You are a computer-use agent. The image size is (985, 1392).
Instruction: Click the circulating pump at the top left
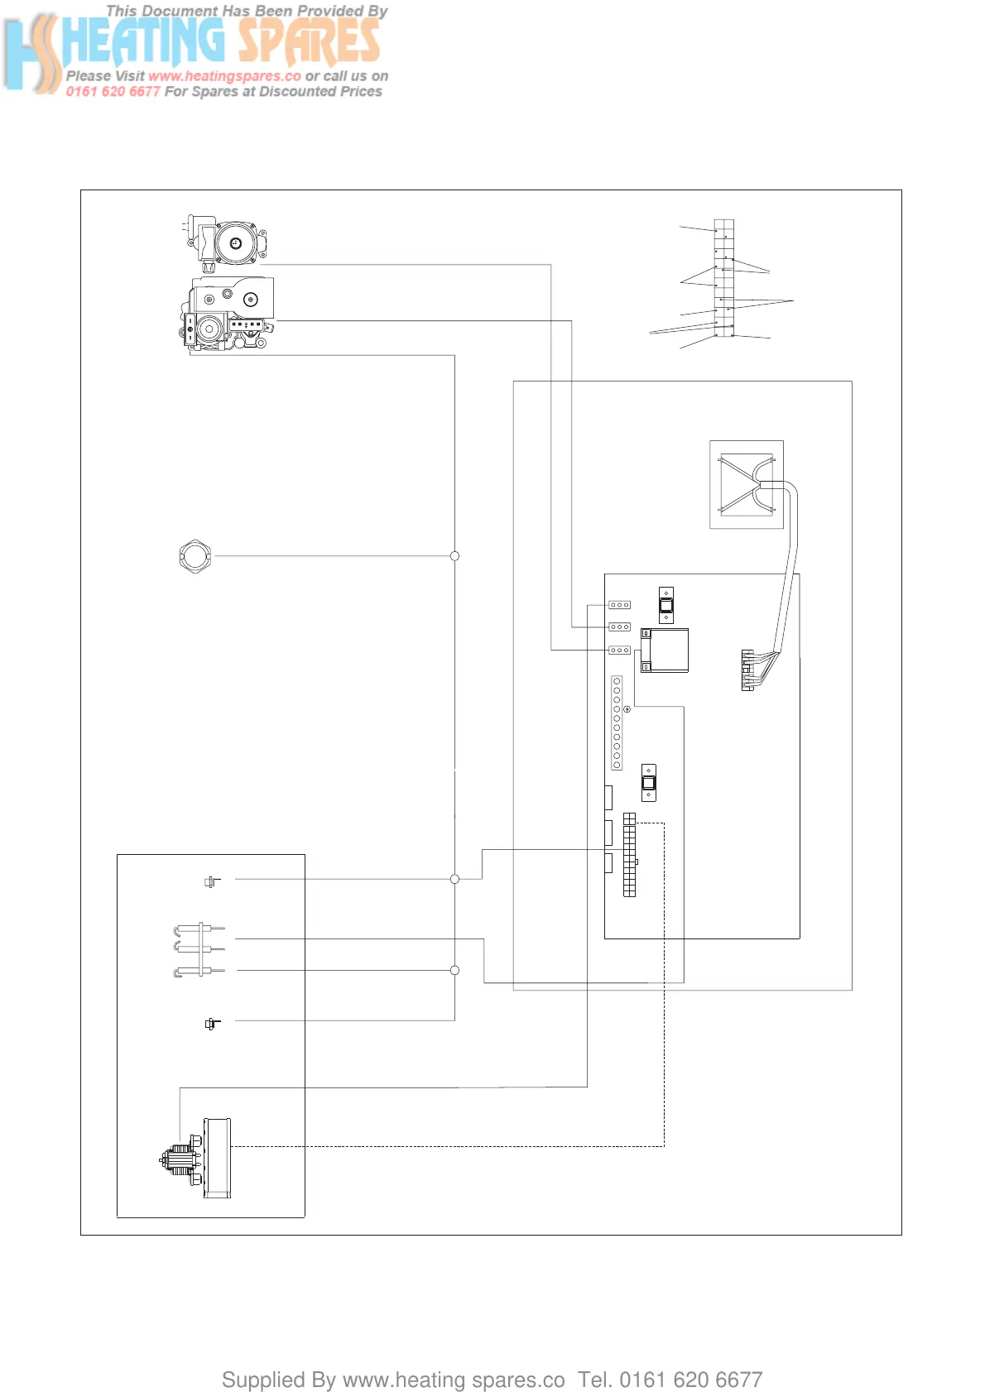226,243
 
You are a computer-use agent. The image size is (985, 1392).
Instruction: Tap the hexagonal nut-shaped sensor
195,556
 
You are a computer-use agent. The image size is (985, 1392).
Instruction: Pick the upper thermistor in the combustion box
212,881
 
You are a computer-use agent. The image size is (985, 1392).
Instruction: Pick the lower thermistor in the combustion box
212,1024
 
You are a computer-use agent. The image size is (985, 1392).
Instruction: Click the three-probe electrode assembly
199,949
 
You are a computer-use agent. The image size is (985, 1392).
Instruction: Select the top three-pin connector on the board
619,605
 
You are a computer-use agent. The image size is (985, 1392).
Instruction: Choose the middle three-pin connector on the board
619,627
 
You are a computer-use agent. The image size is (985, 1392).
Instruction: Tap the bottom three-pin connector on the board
619,650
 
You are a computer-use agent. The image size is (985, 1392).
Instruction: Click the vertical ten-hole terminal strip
617,722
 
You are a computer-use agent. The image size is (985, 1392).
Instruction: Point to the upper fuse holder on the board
666,605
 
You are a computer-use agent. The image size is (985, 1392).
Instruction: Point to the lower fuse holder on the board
649,782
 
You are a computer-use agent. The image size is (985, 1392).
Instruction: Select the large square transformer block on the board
665,650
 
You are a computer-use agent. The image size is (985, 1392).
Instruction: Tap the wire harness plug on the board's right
748,670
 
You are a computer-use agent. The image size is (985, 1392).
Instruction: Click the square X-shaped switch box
746,484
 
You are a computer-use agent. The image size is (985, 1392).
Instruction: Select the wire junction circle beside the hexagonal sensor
454,556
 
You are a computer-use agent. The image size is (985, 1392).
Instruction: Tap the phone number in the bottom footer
690,1380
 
